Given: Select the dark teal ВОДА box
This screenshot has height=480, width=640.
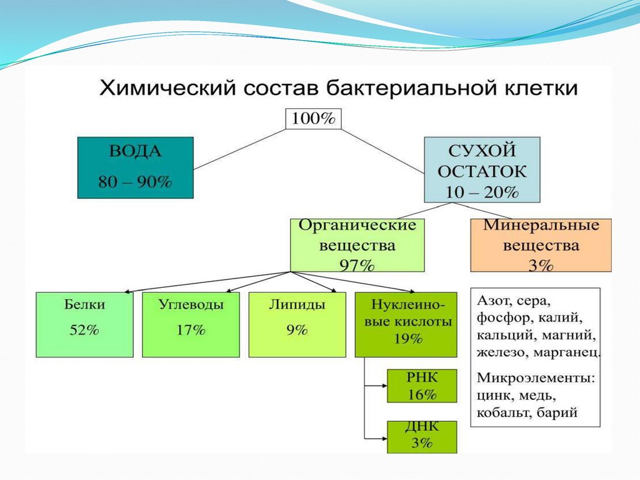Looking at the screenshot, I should click(135, 167).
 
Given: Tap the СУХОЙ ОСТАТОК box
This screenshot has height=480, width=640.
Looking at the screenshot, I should click(482, 170).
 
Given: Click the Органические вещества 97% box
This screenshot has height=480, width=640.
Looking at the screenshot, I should click(357, 245).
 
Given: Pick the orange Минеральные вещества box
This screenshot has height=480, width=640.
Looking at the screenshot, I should click(541, 245).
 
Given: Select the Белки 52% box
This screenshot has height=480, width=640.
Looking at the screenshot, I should click(84, 324).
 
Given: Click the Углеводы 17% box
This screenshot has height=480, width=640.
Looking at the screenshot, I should click(191, 324).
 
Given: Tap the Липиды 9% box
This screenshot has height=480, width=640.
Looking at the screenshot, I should click(297, 324).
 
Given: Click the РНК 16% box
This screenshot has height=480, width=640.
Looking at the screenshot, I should click(422, 386).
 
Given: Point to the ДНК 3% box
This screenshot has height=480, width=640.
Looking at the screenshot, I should click(422, 436).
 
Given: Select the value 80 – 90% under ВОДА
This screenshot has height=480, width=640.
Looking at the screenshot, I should click(135, 182).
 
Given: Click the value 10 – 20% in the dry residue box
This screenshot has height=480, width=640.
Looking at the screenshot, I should click(482, 192).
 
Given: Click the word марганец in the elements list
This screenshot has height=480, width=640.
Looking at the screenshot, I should click(567, 352).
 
